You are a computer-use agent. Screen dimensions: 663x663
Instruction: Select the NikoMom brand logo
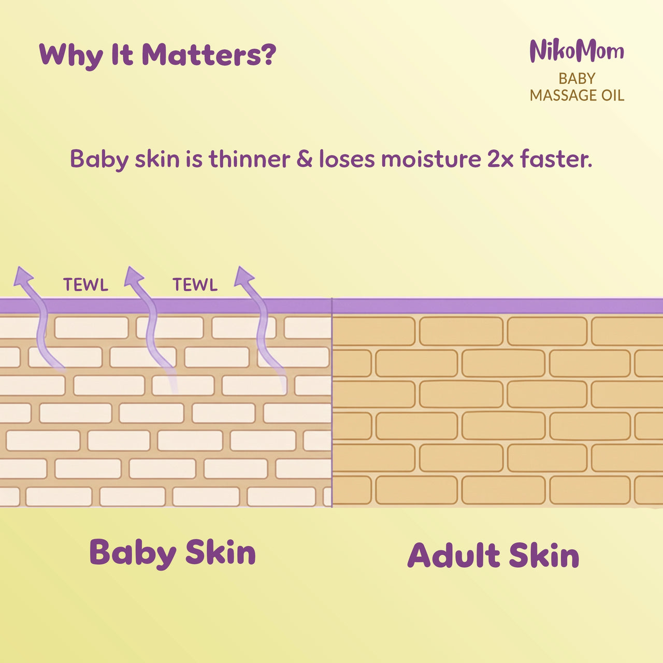click(x=576, y=51)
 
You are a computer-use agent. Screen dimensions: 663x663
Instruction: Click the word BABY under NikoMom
click(x=576, y=79)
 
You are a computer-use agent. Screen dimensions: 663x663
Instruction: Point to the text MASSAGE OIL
click(x=576, y=95)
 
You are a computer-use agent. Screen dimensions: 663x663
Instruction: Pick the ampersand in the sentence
click(x=304, y=159)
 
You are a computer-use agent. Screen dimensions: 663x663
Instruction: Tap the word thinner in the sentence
click(x=249, y=159)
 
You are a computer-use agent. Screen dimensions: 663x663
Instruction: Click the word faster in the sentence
click(x=555, y=159)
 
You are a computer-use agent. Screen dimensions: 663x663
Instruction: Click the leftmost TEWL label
click(x=85, y=285)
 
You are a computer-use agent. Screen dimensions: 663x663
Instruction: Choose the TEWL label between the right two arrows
click(x=195, y=285)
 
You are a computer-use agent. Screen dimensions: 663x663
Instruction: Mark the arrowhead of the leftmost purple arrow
click(x=23, y=276)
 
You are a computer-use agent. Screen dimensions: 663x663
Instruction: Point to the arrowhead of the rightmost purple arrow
click(x=243, y=276)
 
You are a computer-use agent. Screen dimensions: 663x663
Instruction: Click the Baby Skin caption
click(x=172, y=553)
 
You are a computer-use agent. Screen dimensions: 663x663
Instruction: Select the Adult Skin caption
click(x=493, y=556)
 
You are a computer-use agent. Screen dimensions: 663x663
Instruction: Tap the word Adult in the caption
click(x=453, y=556)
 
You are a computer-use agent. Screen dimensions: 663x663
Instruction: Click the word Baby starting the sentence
click(x=99, y=160)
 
